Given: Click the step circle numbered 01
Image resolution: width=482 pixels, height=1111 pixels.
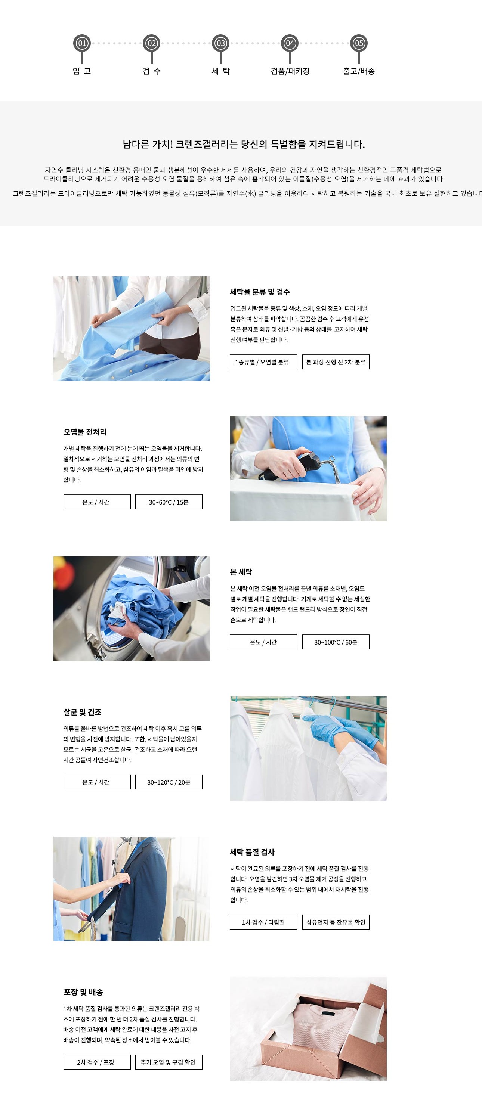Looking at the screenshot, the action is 82,43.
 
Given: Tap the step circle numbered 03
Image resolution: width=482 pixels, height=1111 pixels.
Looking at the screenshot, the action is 220,43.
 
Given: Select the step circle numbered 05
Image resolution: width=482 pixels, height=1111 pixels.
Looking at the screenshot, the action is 359,43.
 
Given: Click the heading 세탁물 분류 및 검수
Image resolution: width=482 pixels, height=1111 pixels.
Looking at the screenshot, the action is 260,292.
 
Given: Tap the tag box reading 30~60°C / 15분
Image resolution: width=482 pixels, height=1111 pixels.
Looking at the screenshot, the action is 169,502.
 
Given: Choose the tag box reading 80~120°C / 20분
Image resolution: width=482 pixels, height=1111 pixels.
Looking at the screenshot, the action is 169,782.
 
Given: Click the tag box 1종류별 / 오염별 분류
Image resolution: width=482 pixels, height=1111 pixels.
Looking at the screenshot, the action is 263,362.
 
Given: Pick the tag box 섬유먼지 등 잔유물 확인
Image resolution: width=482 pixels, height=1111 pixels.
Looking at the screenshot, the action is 336,922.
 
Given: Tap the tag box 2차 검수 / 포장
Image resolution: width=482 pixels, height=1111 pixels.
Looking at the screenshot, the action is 97,1062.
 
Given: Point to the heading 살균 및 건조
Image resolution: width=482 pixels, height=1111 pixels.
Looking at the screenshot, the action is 83,712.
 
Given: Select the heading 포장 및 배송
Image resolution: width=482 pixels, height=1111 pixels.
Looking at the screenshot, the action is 83,992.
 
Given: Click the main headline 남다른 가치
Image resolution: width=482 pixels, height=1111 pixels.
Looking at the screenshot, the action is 244,144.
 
